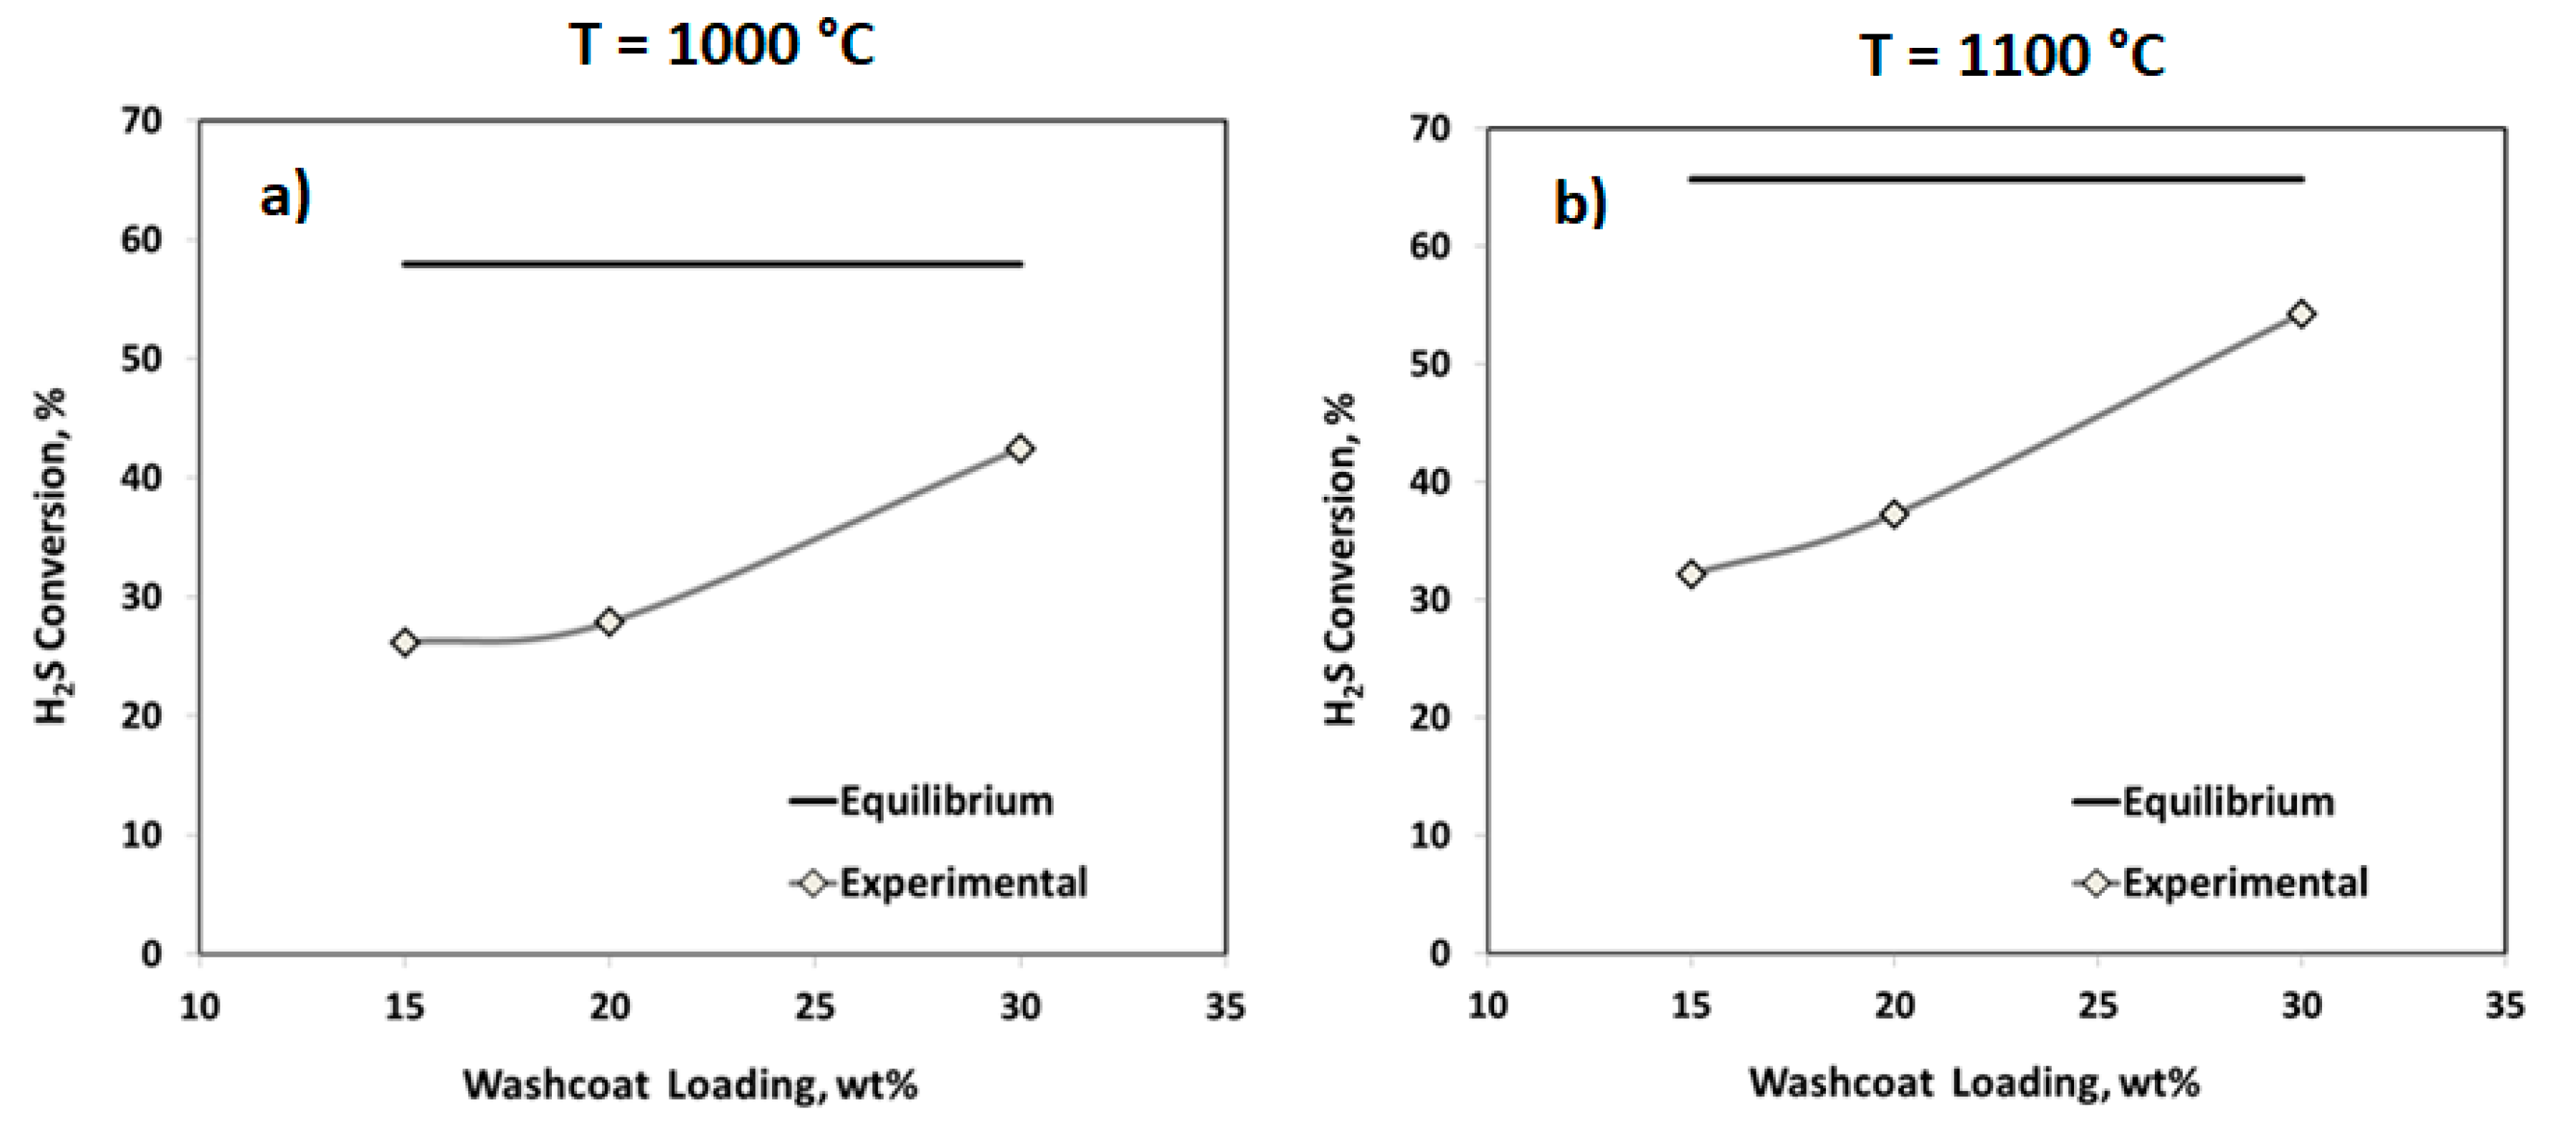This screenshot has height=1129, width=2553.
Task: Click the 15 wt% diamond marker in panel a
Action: (x=405, y=642)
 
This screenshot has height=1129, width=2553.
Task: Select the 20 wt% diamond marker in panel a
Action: (x=610, y=621)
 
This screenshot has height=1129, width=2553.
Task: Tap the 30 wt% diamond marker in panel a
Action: (x=1019, y=449)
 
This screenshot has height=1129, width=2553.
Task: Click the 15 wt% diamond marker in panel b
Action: (x=1692, y=574)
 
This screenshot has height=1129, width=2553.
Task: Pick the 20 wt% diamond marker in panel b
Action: (x=1894, y=513)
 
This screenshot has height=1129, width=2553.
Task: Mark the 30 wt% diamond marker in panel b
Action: (x=2302, y=314)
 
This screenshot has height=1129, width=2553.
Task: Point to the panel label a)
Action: (x=285, y=195)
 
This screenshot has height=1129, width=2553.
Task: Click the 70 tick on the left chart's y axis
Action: (x=141, y=121)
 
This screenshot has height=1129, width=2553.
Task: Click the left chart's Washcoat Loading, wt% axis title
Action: (x=690, y=1085)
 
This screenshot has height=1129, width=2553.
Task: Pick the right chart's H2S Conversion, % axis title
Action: (x=1339, y=559)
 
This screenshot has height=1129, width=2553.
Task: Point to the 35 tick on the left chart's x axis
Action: (x=1225, y=1007)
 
